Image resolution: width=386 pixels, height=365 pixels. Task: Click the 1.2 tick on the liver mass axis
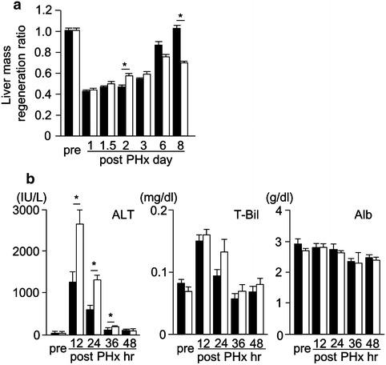[54, 12]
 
